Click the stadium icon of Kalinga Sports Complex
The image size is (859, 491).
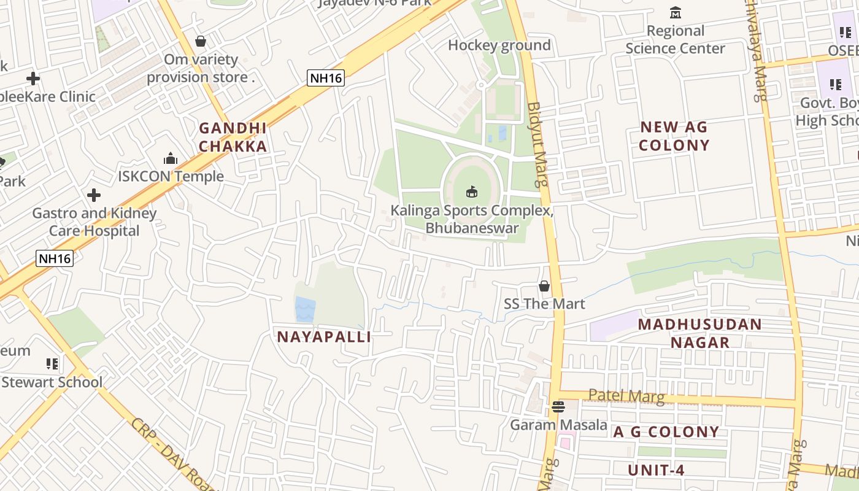click(471, 192)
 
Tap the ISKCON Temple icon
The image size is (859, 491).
click(171, 159)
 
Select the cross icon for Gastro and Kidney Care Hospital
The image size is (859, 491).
click(94, 195)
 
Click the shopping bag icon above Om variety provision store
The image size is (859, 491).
click(200, 41)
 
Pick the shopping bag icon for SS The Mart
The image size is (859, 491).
click(544, 285)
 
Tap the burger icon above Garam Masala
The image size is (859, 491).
click(558, 406)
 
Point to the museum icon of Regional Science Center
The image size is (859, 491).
click(676, 12)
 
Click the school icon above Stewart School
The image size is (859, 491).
click(52, 364)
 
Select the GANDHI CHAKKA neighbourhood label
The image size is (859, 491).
click(233, 137)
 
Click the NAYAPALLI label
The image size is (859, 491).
click(324, 337)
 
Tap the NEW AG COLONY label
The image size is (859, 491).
click(674, 136)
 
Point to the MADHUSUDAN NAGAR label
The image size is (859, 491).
click(700, 333)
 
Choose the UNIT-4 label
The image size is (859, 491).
click(656, 471)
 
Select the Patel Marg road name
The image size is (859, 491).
click(626, 396)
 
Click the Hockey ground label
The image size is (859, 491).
click(499, 45)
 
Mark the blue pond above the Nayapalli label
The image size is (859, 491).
click(304, 309)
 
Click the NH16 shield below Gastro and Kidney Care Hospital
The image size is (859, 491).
click(55, 258)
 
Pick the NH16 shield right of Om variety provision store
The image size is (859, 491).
click(326, 77)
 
